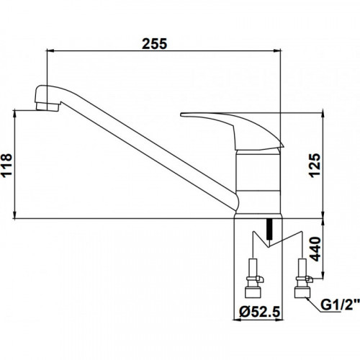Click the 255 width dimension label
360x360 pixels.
154,44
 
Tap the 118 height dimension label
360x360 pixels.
6,165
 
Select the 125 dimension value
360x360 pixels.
315,166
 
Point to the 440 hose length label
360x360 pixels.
315,249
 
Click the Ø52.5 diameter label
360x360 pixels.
260,312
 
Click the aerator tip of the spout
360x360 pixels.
48,107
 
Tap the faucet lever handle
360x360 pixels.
232,131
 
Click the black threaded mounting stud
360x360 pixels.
270,229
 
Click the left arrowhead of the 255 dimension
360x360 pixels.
50,50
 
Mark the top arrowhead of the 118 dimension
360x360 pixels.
15,113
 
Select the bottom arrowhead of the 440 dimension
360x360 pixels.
323,275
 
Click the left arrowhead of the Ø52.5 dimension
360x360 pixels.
237,320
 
